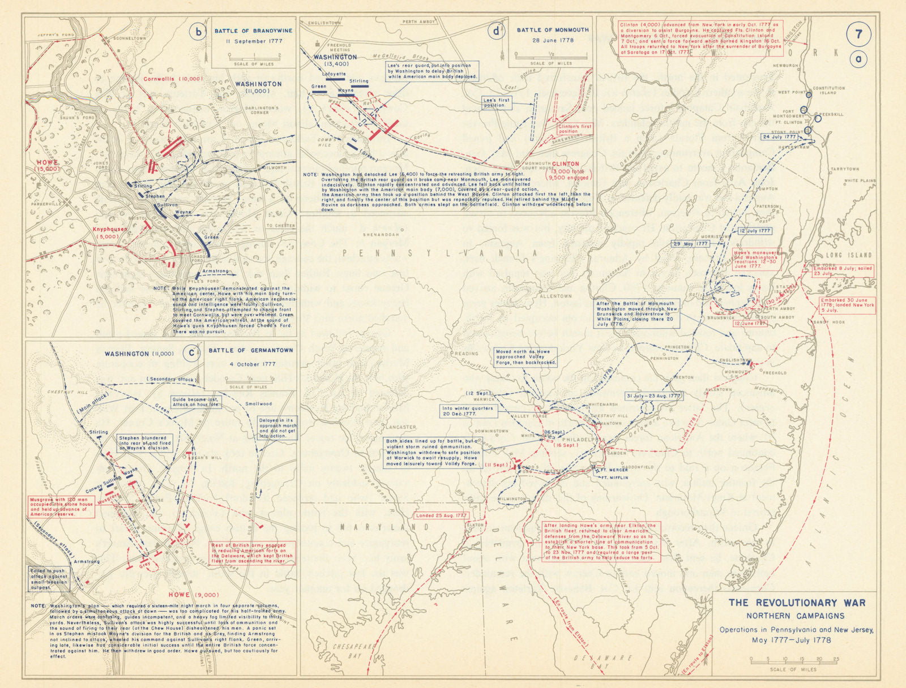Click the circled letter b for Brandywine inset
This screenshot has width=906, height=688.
(198, 32)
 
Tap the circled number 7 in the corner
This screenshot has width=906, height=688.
(858, 34)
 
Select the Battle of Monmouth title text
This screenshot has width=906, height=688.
(553, 29)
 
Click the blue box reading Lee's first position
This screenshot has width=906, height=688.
(496, 102)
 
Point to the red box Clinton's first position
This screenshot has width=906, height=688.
(575, 128)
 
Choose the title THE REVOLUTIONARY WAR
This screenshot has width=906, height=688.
(797, 603)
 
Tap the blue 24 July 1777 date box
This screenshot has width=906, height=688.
(779, 137)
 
